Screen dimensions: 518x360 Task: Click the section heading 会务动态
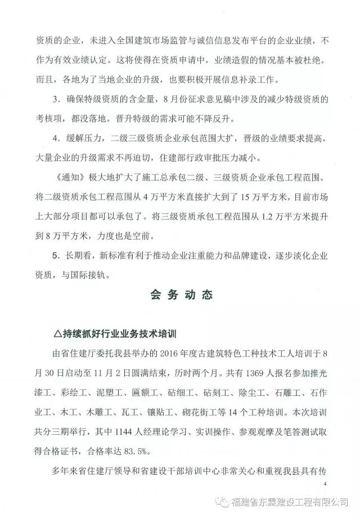coord(180,297)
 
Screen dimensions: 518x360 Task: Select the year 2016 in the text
coord(166,354)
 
